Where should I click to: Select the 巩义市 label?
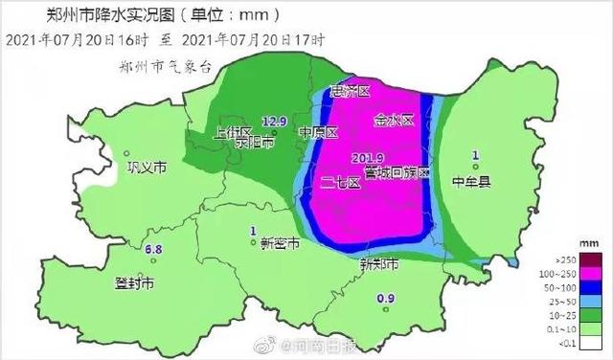tap(147, 167)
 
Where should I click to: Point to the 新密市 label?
tap(280, 243)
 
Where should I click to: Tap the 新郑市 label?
tap(378, 264)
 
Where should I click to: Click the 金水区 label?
tap(393, 121)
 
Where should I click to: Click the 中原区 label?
tap(318, 132)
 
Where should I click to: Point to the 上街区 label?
tap(233, 132)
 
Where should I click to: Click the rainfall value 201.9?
tap(368, 157)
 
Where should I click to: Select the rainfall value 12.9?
tap(275, 121)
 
